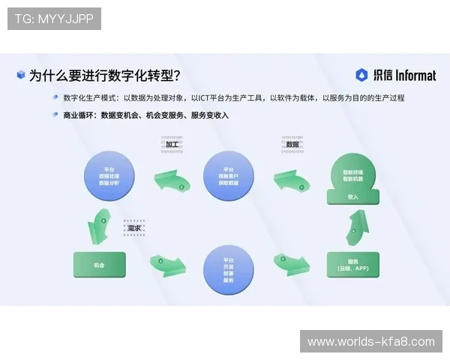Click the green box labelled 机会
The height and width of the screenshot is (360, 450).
pos(99,265)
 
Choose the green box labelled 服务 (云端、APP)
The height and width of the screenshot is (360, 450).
pos(352,265)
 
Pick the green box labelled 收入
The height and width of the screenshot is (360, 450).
pos(352,197)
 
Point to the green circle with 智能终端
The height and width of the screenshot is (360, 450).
pos(352,175)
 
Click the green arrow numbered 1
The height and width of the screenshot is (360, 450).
pos(293,181)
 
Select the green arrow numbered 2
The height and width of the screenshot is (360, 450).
pos(175,181)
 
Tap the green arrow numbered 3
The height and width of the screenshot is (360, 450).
pos(104,223)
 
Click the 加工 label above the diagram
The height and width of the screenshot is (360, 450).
pos(172,143)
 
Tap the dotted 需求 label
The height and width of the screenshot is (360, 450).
pos(135,227)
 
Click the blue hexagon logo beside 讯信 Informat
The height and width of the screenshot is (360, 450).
pos(361,75)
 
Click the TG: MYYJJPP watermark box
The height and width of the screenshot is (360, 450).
pos(54,19)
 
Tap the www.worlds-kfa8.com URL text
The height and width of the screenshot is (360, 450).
pos(370,341)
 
